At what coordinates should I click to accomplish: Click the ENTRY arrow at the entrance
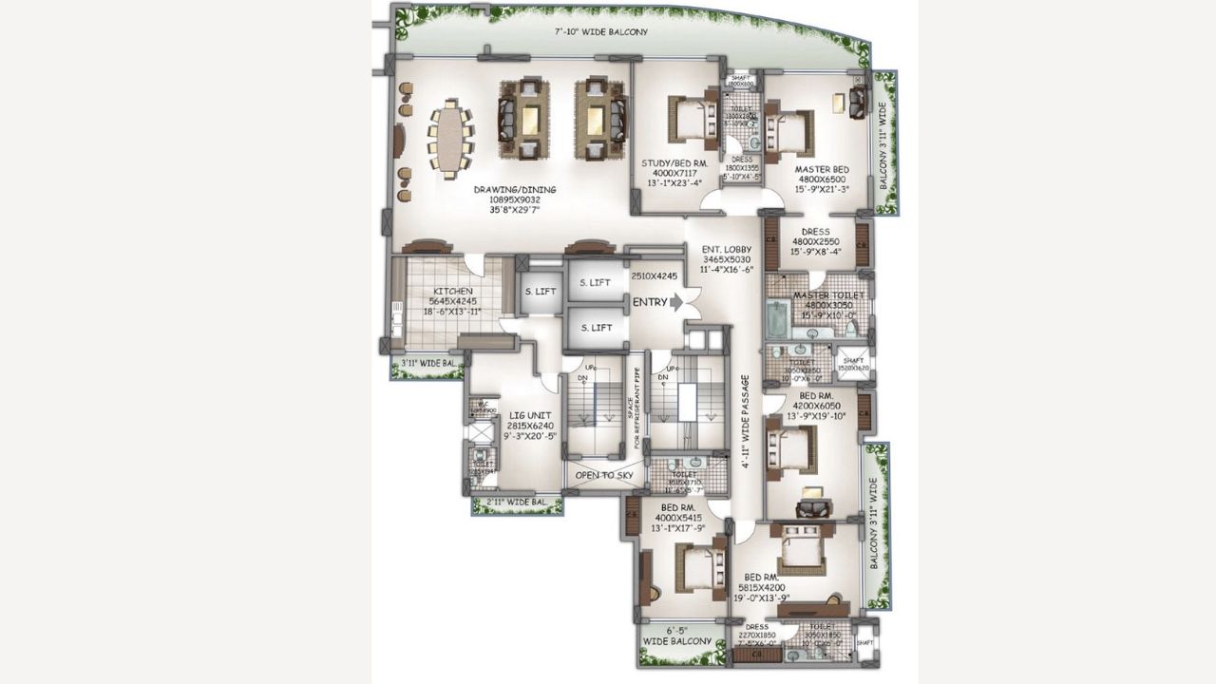point(675,303)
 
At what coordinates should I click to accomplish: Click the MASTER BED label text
point(821,169)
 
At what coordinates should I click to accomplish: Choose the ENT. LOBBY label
point(727,249)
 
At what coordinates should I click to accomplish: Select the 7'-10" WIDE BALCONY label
point(601,32)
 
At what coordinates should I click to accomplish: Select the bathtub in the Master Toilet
point(775,320)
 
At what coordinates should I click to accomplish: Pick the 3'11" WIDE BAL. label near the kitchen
point(427,363)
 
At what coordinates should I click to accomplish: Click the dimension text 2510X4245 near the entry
point(654,276)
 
